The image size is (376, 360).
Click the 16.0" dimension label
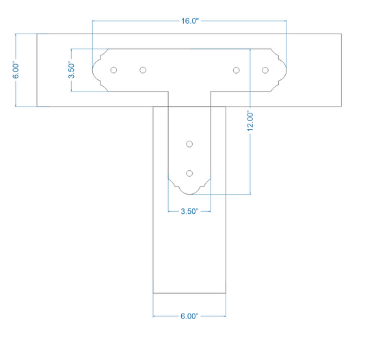click(190, 21)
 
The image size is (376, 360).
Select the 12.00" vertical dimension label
click(250, 122)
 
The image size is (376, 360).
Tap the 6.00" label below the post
click(189, 316)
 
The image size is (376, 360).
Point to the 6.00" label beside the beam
click(16, 71)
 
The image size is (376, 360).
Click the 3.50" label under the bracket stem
click(189, 211)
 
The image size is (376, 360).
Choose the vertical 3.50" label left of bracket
click(72, 70)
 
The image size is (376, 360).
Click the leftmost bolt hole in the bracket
click(113, 70)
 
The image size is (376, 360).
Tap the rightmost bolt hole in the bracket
click(265, 70)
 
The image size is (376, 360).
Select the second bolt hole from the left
click(143, 70)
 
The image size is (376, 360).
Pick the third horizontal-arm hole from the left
click(237, 70)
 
